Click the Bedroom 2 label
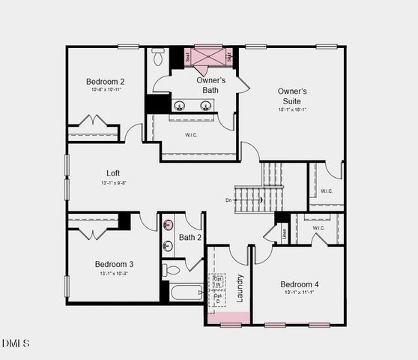pyautogui.click(x=105, y=82)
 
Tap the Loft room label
pyautogui.click(x=113, y=172)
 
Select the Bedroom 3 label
pyautogui.click(x=114, y=264)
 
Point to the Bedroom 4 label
pyautogui.click(x=300, y=284)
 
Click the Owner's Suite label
pyautogui.click(x=292, y=96)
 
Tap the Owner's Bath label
pyautogui.click(x=212, y=85)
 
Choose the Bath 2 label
pyautogui.click(x=190, y=238)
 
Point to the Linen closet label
pyautogui.click(x=284, y=233)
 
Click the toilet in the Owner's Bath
pyautogui.click(x=158, y=57)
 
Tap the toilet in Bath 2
pyautogui.click(x=172, y=269)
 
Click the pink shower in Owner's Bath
pyautogui.click(x=209, y=56)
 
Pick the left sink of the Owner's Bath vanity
pyautogui.click(x=180, y=106)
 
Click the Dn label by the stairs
pyautogui.click(x=228, y=200)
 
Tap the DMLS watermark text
pyautogui.click(x=16, y=343)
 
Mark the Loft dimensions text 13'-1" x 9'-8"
pyautogui.click(x=113, y=182)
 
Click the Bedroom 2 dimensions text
pyautogui.click(x=105, y=90)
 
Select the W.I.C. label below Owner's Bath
pyautogui.click(x=190, y=136)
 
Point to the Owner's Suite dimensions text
pyautogui.click(x=292, y=109)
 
